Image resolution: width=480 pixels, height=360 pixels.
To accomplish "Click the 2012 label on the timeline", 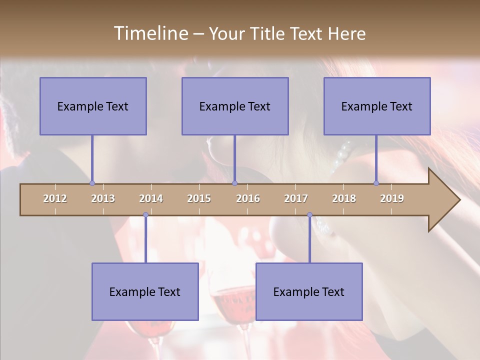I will coord(55,198).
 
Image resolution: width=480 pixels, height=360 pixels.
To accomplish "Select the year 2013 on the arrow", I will coord(103,198).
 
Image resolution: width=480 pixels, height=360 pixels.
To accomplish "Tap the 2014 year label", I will coord(151,198).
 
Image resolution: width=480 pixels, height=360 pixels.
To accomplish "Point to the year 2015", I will coord(199,198).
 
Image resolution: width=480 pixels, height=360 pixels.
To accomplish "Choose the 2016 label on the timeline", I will coord(248,198).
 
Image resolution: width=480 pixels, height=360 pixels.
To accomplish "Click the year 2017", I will coord(296,198).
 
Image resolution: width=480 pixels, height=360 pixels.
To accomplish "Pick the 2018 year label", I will coord(344,198).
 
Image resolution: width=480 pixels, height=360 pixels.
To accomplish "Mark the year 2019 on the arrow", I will coord(392,198).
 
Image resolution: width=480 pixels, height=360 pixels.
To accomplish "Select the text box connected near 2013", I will coord(93,106).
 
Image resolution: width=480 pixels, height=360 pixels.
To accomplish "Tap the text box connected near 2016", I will coord(235,106).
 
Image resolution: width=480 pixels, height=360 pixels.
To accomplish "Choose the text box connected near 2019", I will coord(377,106).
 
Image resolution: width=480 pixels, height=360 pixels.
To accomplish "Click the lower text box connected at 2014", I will coord(145,291).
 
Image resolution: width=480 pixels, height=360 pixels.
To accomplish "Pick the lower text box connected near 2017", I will coord(309,291).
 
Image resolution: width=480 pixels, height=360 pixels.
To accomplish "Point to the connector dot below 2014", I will coord(145,214).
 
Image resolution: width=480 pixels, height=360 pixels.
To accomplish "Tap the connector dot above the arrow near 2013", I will coord(92,183).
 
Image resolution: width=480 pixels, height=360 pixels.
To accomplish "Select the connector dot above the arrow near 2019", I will coord(376,183).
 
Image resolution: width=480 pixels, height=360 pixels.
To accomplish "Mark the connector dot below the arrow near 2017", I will coord(309,214).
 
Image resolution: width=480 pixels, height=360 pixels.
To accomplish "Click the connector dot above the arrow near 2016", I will coord(234,183).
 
